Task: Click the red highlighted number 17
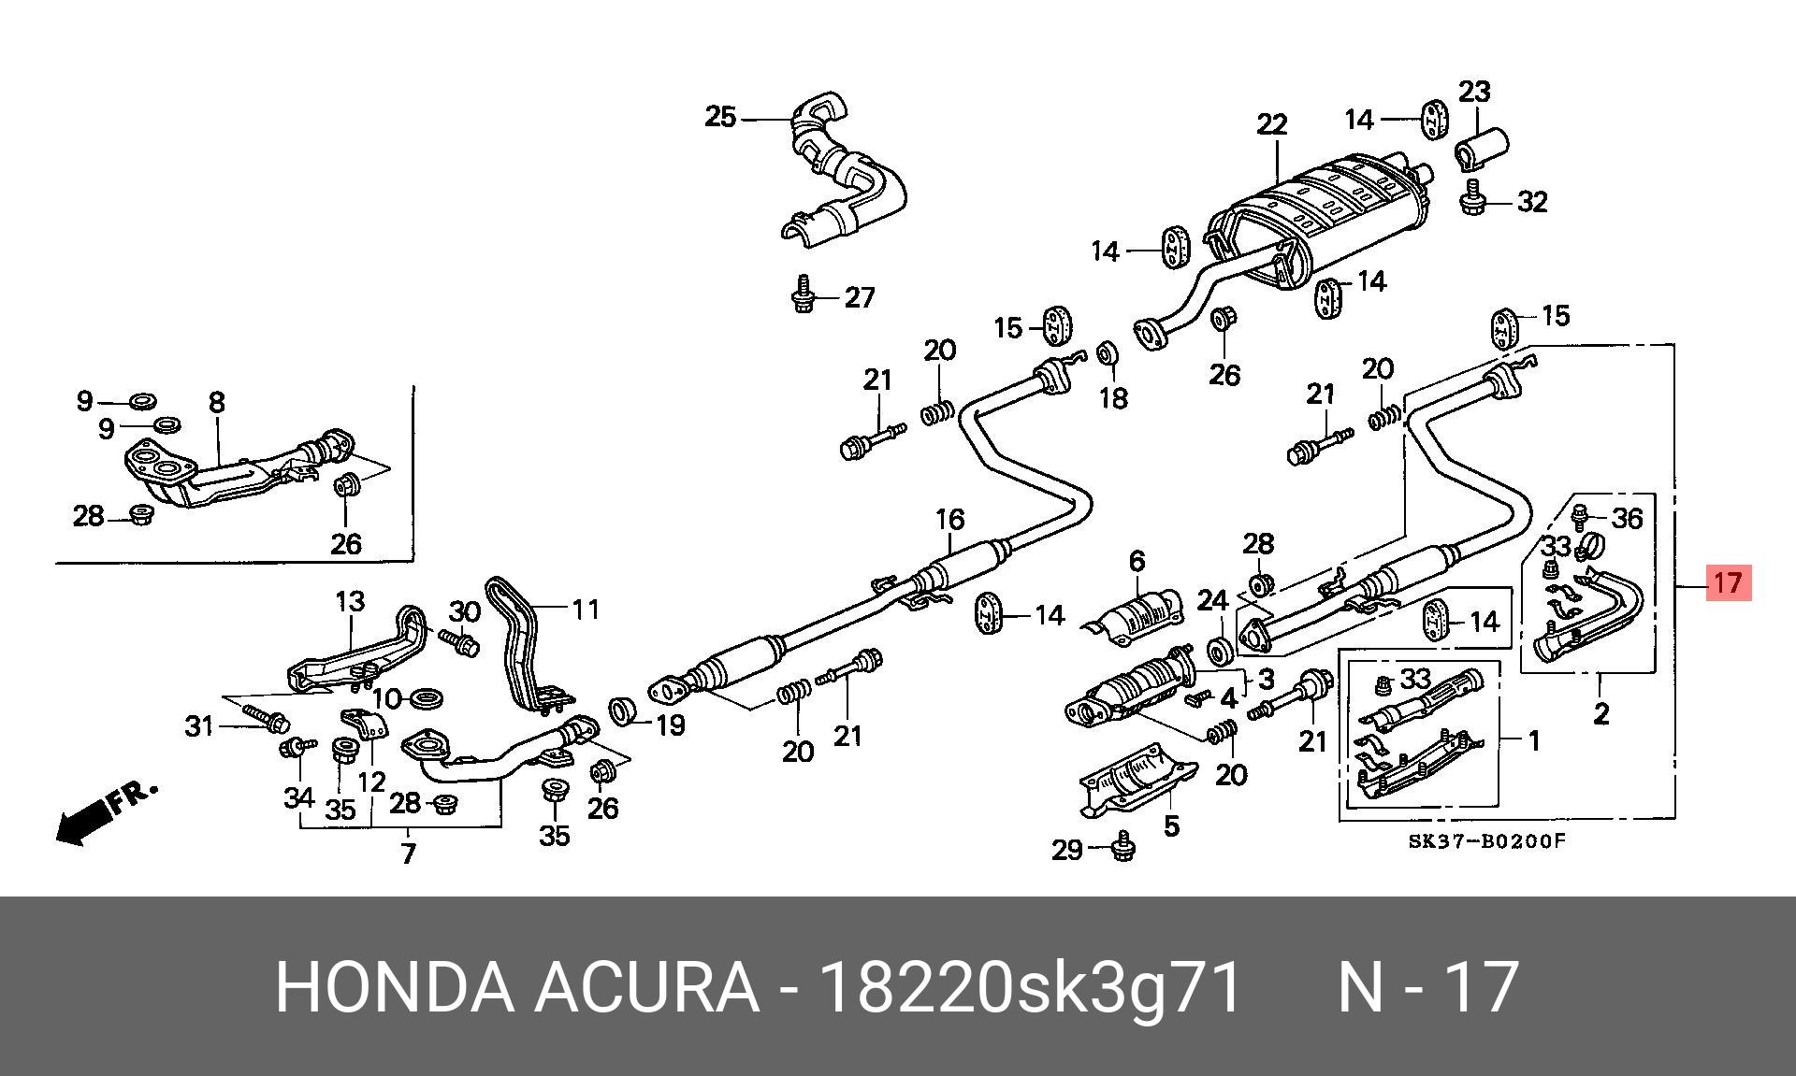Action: [x=1727, y=583]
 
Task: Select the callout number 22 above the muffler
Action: [x=1272, y=124]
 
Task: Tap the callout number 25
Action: [x=720, y=118]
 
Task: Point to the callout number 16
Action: [x=949, y=519]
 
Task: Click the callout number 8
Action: [x=217, y=403]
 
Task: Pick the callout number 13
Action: [x=350, y=601]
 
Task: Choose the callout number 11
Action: [x=585, y=610]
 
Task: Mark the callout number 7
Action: [x=408, y=854]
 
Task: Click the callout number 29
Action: [x=1067, y=850]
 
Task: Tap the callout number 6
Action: [x=1137, y=561]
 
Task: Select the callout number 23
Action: [x=1474, y=92]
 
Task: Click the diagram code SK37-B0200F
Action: [x=1486, y=840]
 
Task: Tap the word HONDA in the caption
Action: [x=394, y=987]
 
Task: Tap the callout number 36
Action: [x=1628, y=518]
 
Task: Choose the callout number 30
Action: [x=464, y=612]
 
